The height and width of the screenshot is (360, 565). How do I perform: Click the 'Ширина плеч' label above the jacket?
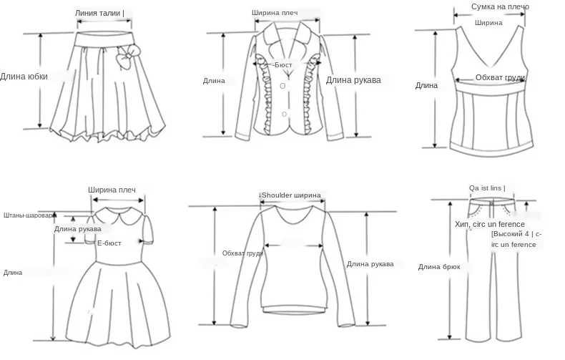pos(275,13)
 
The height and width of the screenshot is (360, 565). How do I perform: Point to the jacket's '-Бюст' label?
pos(282,64)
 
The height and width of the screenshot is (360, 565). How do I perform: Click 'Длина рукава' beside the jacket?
pos(353,79)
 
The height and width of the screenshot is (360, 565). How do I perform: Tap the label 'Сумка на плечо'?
pos(500,7)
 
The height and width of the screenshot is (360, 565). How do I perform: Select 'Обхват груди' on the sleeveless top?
pos(501,77)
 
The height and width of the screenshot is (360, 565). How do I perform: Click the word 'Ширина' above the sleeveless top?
pos(488,22)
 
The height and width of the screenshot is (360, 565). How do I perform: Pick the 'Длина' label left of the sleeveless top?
pos(426,86)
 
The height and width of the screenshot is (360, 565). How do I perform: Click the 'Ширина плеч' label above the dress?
pos(112,190)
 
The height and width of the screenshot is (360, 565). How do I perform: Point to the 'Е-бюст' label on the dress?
pos(112,243)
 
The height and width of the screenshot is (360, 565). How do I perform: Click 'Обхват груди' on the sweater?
pos(243,253)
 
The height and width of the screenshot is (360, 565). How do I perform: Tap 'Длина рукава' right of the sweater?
pos(370,264)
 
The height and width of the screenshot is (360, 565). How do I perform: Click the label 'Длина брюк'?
pos(439,267)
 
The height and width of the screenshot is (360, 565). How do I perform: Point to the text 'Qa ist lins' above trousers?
pos(486,188)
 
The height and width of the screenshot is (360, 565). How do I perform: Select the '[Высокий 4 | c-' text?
pos(516,234)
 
